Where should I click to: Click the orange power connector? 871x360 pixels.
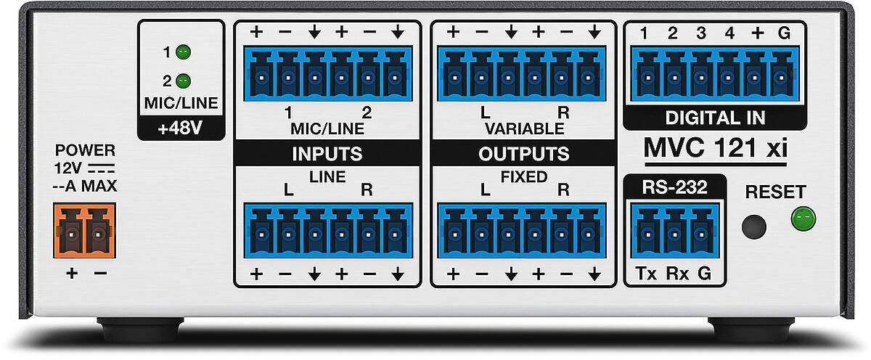click(x=84, y=231)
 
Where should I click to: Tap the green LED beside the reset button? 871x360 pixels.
click(x=803, y=218)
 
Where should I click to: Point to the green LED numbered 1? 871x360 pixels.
click(x=183, y=52)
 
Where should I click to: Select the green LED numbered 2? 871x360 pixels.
click(x=183, y=81)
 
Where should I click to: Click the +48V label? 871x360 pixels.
click(x=181, y=128)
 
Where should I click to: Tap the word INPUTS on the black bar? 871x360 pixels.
click(x=327, y=154)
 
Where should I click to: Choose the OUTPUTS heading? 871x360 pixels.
click(x=524, y=154)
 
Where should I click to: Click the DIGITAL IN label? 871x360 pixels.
click(x=715, y=118)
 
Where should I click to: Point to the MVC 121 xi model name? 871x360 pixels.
click(x=716, y=148)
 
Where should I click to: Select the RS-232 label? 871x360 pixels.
click(x=674, y=187)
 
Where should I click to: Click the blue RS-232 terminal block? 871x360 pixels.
click(x=675, y=231)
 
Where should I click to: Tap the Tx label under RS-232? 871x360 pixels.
click(x=646, y=274)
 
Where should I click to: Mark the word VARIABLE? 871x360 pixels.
click(x=525, y=128)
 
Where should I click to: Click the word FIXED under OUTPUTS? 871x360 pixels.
click(x=524, y=177)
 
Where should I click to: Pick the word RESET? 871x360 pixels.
click(x=775, y=192)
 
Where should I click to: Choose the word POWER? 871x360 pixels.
click(x=85, y=150)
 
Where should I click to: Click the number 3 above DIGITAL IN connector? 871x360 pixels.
click(x=701, y=33)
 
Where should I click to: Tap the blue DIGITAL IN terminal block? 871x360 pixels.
click(x=715, y=74)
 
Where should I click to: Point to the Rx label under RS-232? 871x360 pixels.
click(x=677, y=274)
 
